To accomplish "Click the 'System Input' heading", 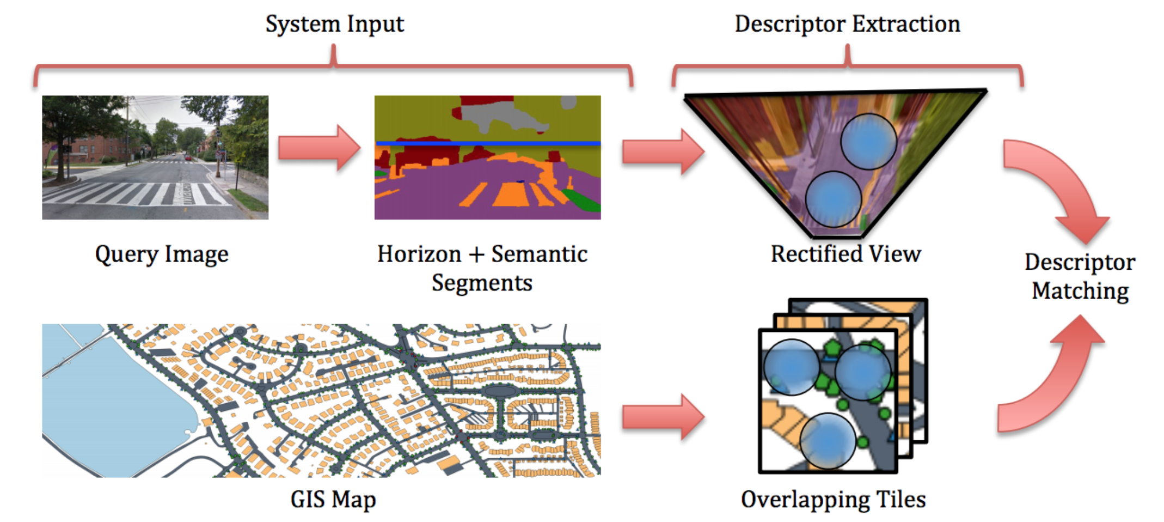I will [x=334, y=24].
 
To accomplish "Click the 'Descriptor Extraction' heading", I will [x=847, y=24].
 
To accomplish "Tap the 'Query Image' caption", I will [x=162, y=254].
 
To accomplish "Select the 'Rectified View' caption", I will [x=846, y=254].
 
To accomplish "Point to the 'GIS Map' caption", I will [x=333, y=499].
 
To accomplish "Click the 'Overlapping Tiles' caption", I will [x=833, y=499].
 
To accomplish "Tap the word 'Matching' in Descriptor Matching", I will [x=1080, y=291].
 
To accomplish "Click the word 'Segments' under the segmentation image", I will [x=482, y=283].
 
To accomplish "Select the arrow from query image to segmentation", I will [x=319, y=148].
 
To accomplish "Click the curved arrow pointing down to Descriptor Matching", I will [x=1062, y=185].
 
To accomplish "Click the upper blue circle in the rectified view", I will [x=868, y=141].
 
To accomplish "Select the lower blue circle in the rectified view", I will [x=833, y=199].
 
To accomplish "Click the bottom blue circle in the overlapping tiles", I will [x=827, y=441].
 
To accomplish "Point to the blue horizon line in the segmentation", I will [x=488, y=143].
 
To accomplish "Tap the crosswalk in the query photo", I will [x=136, y=193].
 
